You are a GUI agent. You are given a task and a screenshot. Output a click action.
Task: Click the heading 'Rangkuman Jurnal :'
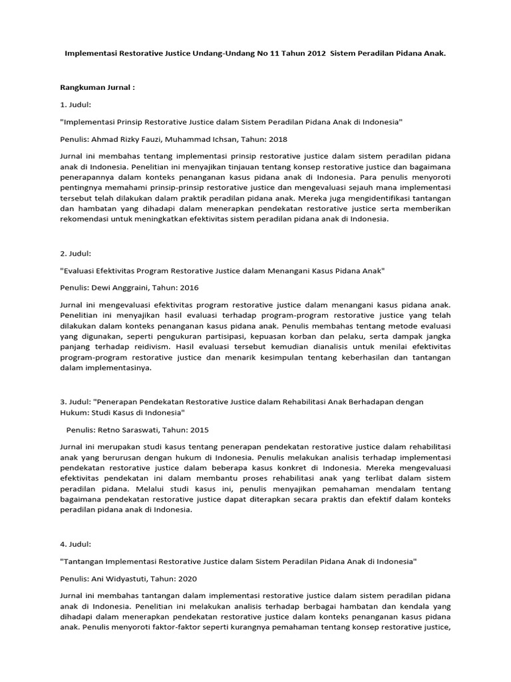point(97,87)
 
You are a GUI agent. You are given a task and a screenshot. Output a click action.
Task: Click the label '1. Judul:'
point(75,105)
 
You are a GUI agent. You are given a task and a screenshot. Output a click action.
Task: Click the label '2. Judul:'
point(75,254)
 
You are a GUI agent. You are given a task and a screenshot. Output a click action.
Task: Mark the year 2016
point(186,288)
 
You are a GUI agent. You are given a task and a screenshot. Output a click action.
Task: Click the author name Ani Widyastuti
point(120,579)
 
